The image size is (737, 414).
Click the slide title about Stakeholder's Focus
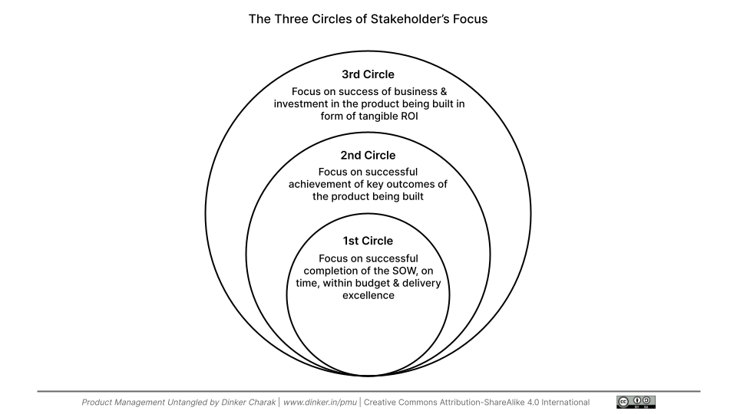[x=368, y=19]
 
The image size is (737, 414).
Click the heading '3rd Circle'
[x=368, y=74]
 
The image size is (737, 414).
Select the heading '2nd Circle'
[x=368, y=155]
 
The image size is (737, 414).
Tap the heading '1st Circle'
[x=368, y=241]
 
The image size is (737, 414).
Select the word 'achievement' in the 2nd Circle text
[x=318, y=184]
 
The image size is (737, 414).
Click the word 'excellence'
[x=368, y=295]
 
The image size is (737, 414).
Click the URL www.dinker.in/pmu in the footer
[x=320, y=402]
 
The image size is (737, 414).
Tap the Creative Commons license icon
[x=636, y=402]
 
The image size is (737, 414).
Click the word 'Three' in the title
[x=289, y=19]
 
